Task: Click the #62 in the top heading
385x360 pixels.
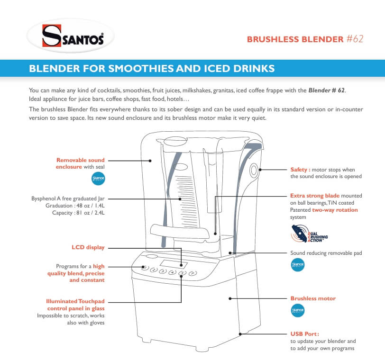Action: [354, 39]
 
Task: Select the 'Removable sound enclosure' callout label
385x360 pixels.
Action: [81, 163]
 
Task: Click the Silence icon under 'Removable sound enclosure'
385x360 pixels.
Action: [97, 179]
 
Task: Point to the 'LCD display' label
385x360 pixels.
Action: [88, 247]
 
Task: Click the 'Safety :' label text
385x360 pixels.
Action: [301, 169]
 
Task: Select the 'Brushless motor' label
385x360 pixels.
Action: [312, 298]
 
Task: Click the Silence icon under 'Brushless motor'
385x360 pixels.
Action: [297, 311]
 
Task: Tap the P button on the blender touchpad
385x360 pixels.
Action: [192, 273]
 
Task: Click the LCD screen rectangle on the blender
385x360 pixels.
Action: [171, 263]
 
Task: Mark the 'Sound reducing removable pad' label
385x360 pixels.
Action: [326, 253]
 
